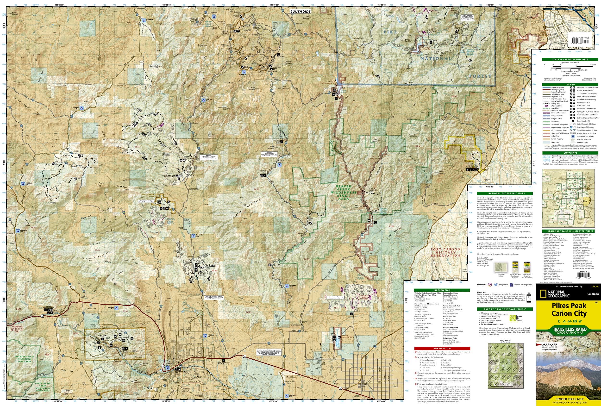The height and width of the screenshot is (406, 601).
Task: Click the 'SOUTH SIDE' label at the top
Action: (300, 11)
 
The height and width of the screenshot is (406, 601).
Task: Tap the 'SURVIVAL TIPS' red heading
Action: (442, 348)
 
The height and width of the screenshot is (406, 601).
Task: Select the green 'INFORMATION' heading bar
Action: (442, 290)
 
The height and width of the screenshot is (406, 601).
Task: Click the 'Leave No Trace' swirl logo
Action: (512, 318)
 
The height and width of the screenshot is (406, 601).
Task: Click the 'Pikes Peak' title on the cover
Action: (569, 306)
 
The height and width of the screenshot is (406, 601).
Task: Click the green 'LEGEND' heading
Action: (570, 85)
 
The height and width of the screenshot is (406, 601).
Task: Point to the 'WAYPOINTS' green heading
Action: (570, 153)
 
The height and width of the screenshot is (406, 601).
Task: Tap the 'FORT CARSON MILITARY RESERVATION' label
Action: (445, 252)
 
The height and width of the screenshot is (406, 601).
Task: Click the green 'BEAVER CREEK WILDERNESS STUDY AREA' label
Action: (344, 192)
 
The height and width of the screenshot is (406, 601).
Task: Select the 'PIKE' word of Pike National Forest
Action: (390, 32)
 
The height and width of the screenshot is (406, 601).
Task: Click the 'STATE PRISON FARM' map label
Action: (262, 374)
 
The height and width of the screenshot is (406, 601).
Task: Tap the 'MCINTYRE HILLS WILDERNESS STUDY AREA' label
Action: (25, 359)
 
